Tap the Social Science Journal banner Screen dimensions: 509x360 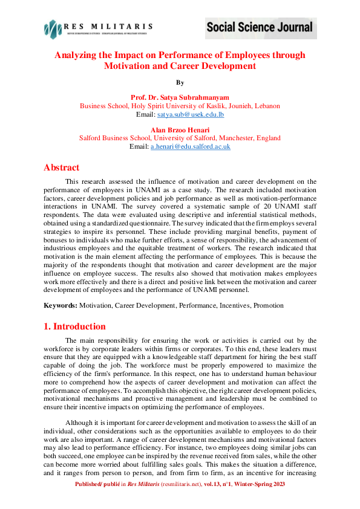coord(260,27)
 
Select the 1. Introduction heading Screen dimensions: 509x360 coord(74,326)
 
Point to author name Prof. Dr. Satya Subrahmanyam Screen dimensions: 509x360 coord(180,97)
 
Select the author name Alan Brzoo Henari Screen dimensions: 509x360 coord(180,129)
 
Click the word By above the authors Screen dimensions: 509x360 coord(180,82)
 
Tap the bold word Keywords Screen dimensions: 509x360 coord(61,305)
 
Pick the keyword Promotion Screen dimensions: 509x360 coord(269,305)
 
